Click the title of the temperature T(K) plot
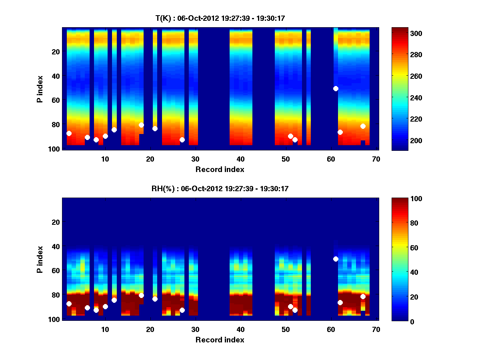[x=220, y=18]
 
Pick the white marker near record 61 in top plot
[x=336, y=88]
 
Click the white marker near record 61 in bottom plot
[x=336, y=259]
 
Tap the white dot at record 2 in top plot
[x=69, y=133]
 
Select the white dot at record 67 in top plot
[x=363, y=126]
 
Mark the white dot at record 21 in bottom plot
[x=155, y=299]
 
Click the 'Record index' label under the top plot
[x=220, y=169]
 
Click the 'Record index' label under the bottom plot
[x=220, y=340]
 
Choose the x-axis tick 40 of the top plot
[x=240, y=159]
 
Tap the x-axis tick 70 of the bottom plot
[x=376, y=329]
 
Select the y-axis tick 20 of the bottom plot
[x=56, y=222]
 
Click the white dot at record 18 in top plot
[x=141, y=125]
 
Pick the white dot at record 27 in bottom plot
[x=182, y=310]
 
